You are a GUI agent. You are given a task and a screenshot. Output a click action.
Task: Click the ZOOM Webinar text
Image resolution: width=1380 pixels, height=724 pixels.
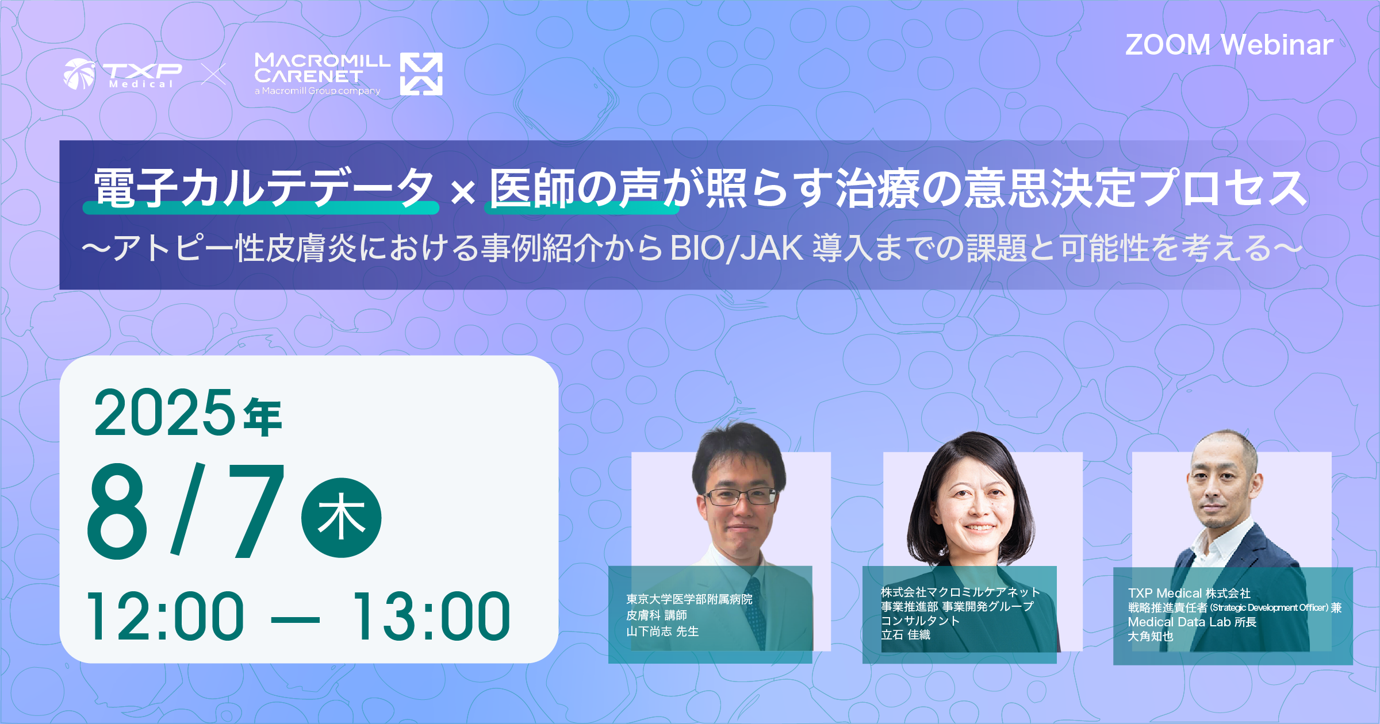coord(1229,45)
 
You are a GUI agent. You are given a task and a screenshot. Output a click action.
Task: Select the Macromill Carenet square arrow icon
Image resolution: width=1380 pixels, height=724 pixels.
coord(421,74)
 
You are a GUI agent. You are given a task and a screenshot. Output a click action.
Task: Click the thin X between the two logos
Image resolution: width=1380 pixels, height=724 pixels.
coord(213,74)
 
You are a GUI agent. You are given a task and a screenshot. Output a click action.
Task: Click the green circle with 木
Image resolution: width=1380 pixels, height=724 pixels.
coord(342,518)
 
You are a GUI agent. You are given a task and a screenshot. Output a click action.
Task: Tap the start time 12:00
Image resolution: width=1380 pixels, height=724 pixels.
coord(166,617)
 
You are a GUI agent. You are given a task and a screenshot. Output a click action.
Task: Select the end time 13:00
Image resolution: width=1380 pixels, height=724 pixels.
coord(431,617)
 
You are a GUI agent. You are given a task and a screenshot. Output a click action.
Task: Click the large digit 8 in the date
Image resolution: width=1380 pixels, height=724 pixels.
coord(117,511)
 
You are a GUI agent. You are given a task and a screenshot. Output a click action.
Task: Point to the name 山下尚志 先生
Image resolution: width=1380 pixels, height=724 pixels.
coord(662,631)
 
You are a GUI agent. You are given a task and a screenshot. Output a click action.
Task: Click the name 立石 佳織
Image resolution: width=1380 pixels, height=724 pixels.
coord(906,635)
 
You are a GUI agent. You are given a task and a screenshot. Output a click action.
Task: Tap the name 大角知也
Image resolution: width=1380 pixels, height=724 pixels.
coord(1151,637)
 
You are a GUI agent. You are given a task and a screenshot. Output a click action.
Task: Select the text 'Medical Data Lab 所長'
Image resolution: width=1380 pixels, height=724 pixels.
coord(1192,622)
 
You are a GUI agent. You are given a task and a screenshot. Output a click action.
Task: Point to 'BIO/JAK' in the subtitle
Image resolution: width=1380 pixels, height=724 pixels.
coord(737,248)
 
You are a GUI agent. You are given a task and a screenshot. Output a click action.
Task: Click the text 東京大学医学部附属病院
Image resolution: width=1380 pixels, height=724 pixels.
coord(689,599)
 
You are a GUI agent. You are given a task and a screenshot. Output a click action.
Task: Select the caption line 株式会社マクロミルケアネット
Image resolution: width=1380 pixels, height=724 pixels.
coord(961,592)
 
